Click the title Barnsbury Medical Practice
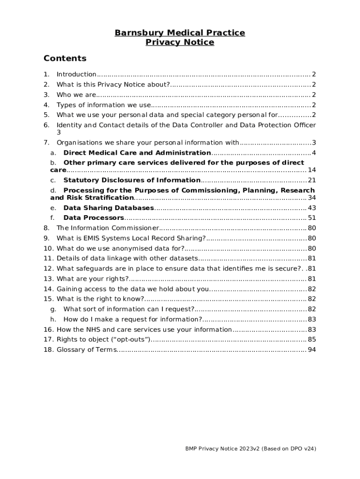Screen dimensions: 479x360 (180, 33)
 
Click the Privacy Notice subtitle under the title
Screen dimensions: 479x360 (180, 43)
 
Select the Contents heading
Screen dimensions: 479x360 (65, 58)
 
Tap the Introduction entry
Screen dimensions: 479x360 (76, 74)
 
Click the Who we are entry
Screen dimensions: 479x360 (76, 95)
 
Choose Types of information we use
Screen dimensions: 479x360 (104, 105)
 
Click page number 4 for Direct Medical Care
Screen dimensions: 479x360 (314, 153)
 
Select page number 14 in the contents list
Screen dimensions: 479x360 (312, 170)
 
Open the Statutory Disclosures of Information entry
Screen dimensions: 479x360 (132, 180)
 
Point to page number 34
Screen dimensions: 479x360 (312, 198)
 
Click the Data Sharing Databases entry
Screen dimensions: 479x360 (108, 208)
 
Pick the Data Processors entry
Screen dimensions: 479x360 (94, 218)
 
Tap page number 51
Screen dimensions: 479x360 (312, 218)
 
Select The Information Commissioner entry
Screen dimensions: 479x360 (108, 228)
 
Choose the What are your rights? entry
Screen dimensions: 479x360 (86, 279)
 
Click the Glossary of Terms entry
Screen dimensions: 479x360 (86, 350)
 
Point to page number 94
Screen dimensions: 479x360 (312, 350)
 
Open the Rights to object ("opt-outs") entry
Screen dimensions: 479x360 (103, 340)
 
